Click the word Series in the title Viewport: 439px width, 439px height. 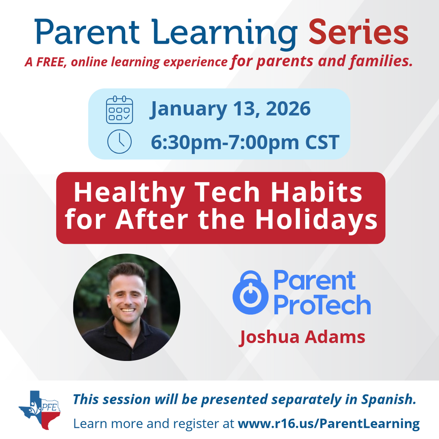(358, 33)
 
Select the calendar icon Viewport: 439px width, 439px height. (119, 110)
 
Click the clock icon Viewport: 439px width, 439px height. (119, 141)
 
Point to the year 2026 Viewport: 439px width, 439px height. (288, 109)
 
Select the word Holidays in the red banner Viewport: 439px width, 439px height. (316, 219)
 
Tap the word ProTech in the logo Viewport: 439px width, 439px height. (322, 305)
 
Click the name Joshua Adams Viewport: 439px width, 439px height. (302, 337)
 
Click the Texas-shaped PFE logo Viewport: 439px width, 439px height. (39, 410)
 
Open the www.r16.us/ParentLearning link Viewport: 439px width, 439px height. (328, 424)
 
